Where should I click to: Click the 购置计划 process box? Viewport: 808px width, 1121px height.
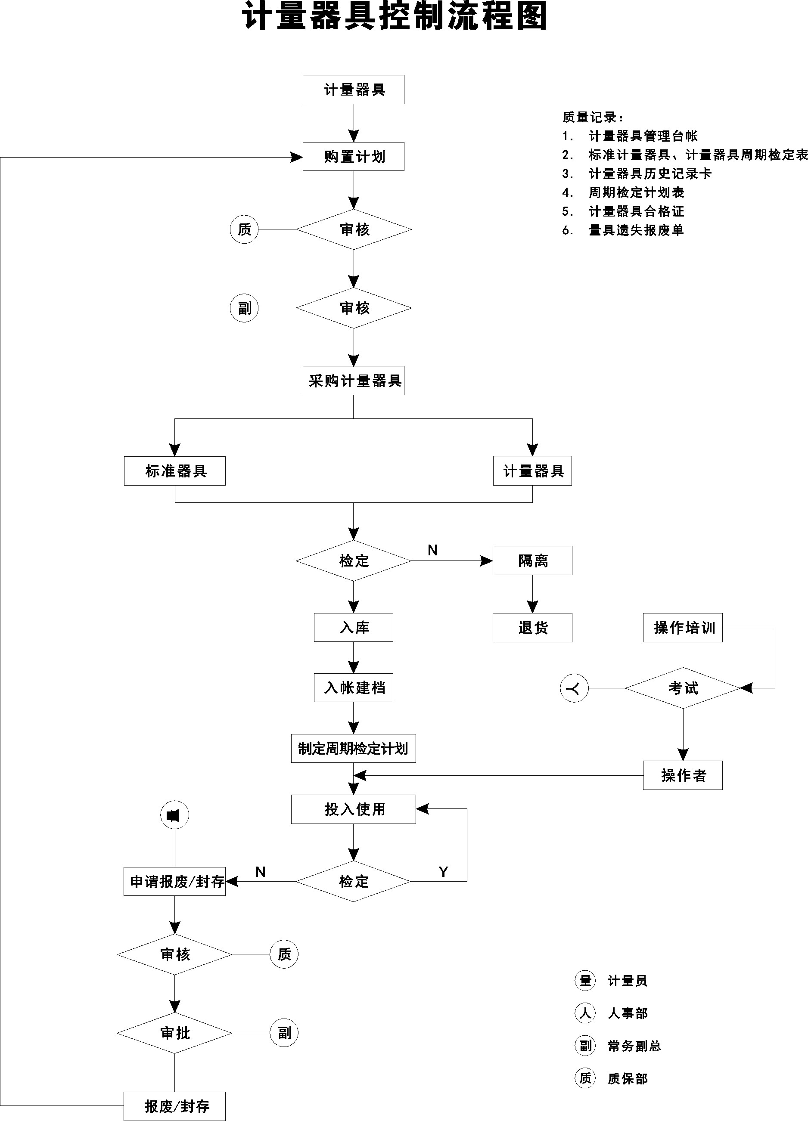click(353, 157)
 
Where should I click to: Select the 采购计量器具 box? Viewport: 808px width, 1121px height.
click(353, 381)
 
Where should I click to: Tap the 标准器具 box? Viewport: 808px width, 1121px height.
click(174, 471)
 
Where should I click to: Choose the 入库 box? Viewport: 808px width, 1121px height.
click(353, 628)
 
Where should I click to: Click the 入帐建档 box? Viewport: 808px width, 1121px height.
click(353, 687)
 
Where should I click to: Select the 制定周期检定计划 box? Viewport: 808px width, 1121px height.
click(353, 748)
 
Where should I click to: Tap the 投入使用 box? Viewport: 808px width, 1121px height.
click(353, 809)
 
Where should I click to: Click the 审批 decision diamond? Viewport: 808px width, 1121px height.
click(174, 1033)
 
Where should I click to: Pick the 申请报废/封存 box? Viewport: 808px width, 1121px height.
click(174, 881)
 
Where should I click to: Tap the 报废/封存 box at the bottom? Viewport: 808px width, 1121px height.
click(174, 1106)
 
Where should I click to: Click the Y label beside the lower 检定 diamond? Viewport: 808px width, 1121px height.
click(443, 872)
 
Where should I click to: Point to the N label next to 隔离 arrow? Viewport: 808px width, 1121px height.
click(432, 550)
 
